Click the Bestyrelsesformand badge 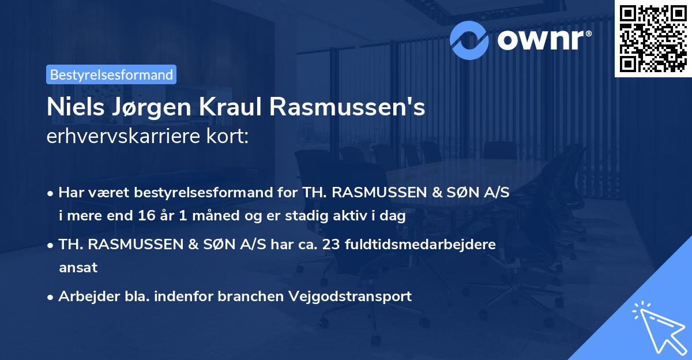pyautogui.click(x=111, y=74)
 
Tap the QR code pyautogui.click(x=652, y=38)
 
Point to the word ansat pyautogui.click(x=78, y=268)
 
